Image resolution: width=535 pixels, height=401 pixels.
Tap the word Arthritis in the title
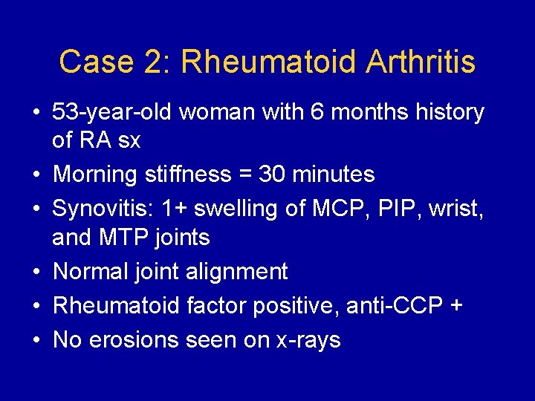pyautogui.click(x=421, y=62)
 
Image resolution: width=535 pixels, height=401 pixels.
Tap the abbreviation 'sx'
pyautogui.click(x=129, y=140)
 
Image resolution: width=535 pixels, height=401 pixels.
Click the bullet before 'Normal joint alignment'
pyautogui.click(x=36, y=272)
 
